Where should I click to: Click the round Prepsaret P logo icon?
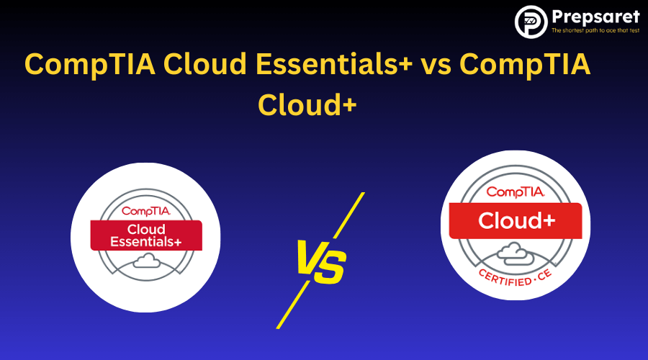coord(531,21)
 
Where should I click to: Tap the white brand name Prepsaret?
coord(594,16)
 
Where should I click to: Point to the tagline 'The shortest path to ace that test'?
coord(595,31)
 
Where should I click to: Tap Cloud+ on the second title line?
coord(307,104)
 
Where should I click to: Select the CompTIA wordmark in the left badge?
coord(146,211)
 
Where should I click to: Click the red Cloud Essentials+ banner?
coord(146,235)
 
